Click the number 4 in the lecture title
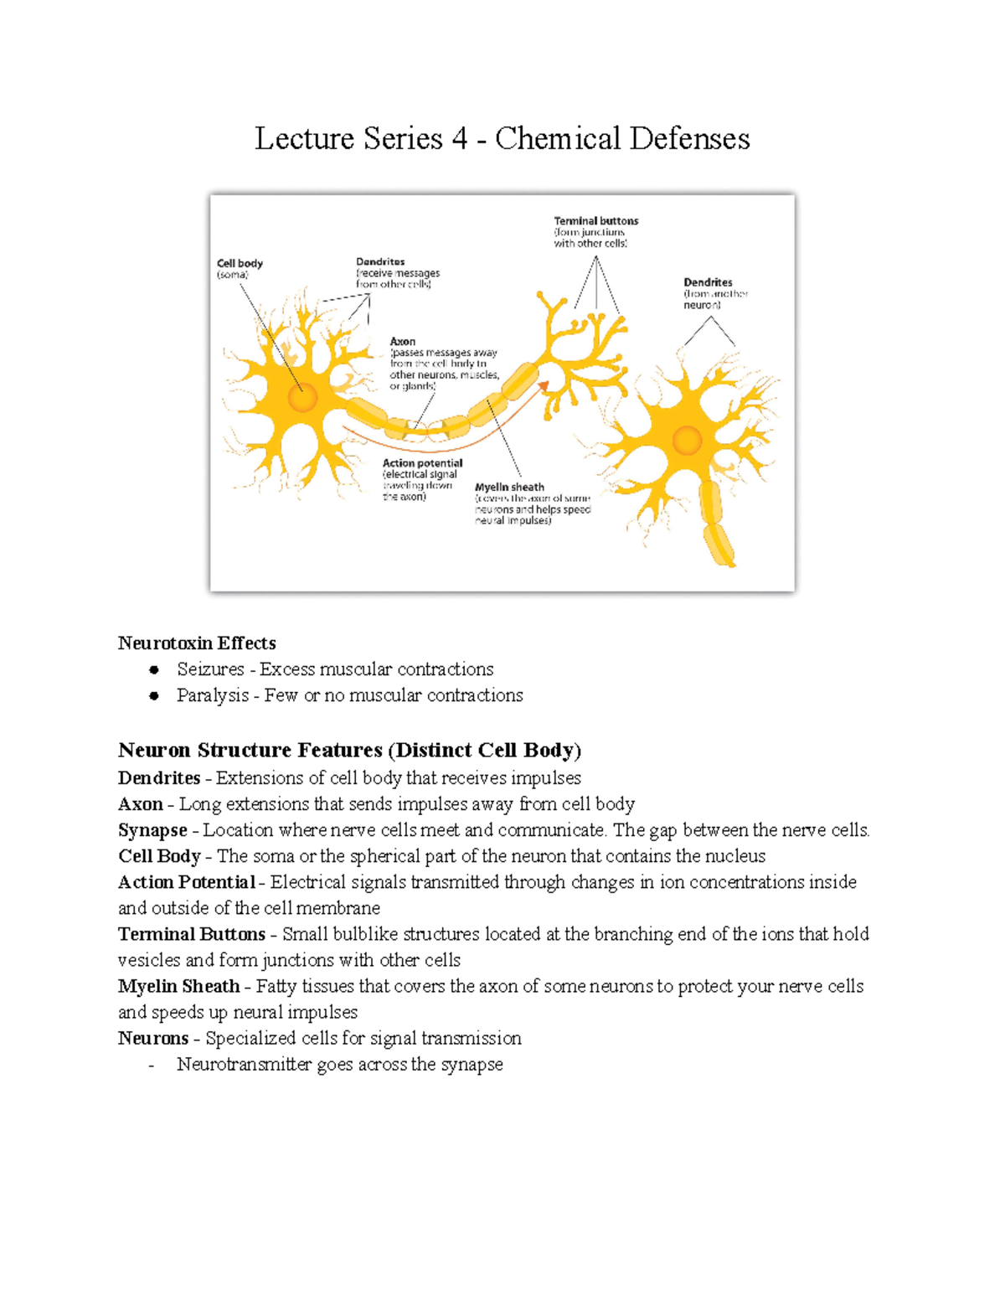coord(459,139)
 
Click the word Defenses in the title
coord(690,139)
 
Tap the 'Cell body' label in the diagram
coord(240,263)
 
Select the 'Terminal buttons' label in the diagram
coord(595,221)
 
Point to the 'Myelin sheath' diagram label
coord(509,487)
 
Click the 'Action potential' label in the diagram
coord(422,463)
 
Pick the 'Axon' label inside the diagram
coord(402,341)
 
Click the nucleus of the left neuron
coord(302,397)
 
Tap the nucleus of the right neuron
coord(687,441)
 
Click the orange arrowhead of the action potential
coord(544,386)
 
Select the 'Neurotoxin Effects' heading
coord(197,643)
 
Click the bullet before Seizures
coord(154,669)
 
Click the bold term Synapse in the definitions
coord(152,830)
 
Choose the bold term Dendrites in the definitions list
coord(159,778)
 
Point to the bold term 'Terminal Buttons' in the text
coord(192,934)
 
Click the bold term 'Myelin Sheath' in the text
coord(179,986)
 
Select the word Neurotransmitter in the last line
coord(244,1065)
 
